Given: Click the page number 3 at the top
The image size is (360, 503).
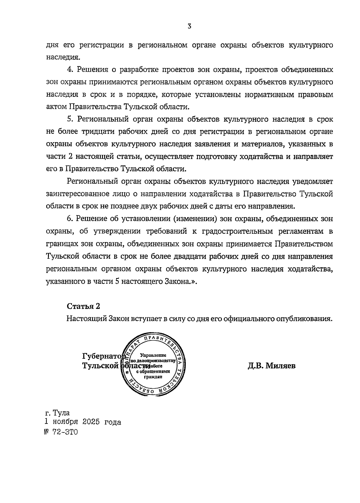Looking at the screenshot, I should coord(189,26).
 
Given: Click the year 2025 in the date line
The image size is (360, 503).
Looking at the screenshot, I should coord(90,422).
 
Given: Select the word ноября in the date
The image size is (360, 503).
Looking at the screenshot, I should coord(65,422).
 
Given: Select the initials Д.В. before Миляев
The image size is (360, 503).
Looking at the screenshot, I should coord(256,366).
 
